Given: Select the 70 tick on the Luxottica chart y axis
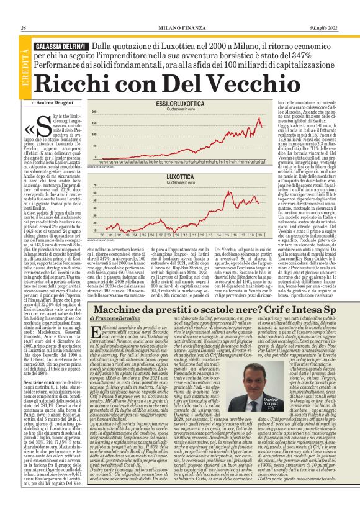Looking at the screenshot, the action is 94,186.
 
